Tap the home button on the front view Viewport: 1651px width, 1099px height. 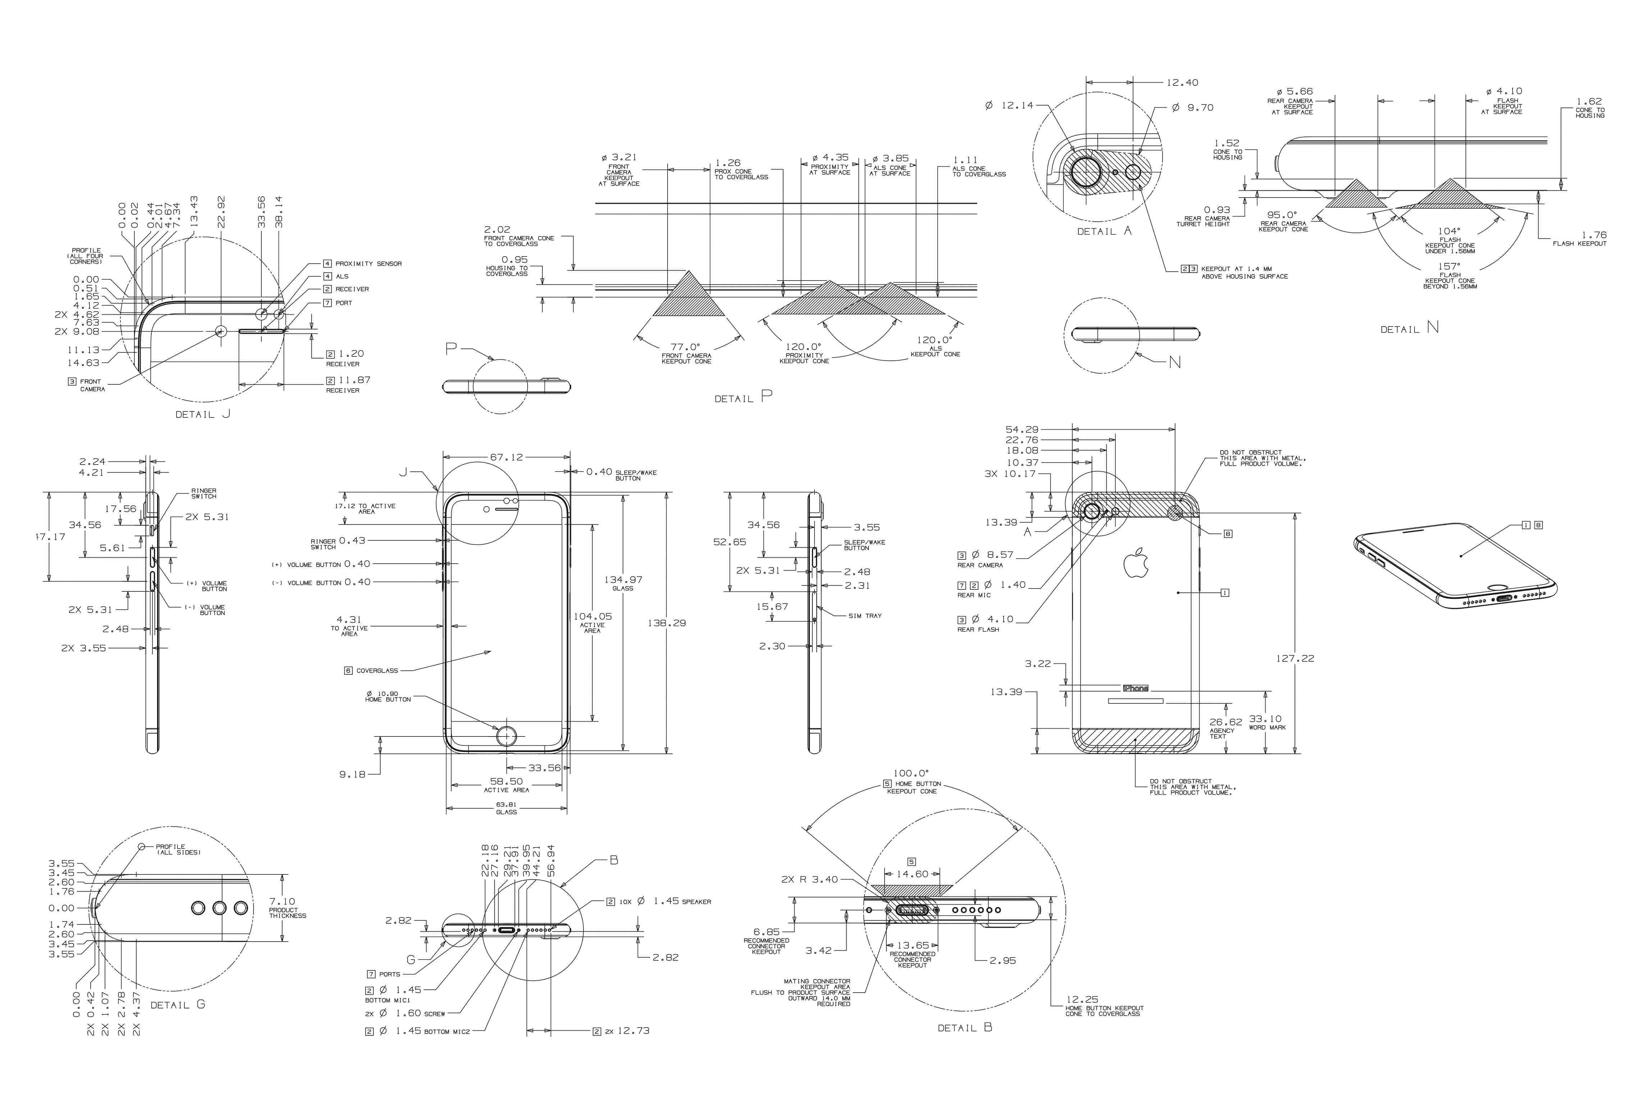(507, 736)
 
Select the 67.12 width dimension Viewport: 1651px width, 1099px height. (506, 457)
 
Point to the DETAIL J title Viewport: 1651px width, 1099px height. (203, 414)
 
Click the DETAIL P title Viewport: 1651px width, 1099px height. (743, 397)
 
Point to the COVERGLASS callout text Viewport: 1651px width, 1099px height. (376, 671)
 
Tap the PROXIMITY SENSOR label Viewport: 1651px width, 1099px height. (368, 264)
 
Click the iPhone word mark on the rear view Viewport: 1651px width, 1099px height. (1136, 688)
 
